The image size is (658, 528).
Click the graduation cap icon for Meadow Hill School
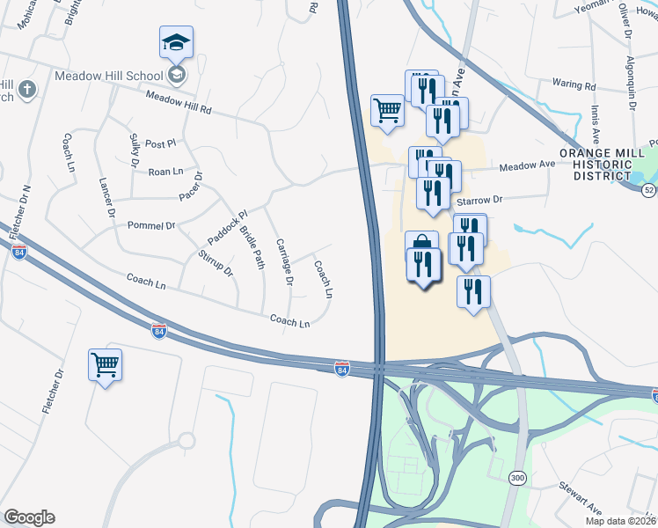[x=176, y=41]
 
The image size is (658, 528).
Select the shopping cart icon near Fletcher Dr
[x=105, y=363]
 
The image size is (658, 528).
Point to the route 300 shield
[x=517, y=477]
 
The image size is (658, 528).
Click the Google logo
[x=29, y=517]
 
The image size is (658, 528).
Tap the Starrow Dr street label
[x=479, y=202]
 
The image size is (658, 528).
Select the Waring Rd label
[x=574, y=85]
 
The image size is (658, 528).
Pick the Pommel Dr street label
[x=151, y=226]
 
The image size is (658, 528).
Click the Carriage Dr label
[x=282, y=262]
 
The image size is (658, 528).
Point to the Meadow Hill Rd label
[x=179, y=103]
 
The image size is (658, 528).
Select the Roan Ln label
[x=165, y=172]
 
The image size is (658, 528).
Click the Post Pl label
[x=161, y=143]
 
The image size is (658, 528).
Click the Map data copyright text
[x=620, y=521]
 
